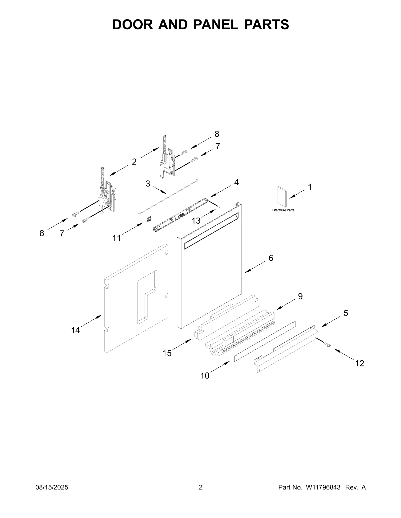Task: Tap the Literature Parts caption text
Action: tap(283, 210)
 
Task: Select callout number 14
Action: tap(75, 330)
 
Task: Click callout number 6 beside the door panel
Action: tap(271, 258)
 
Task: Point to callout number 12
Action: tap(360, 363)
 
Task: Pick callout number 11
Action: tap(117, 238)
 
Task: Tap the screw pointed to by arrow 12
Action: tap(327, 345)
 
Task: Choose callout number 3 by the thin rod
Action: tap(148, 184)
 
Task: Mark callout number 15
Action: tap(167, 353)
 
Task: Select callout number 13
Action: tap(196, 221)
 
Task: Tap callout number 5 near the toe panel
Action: tap(346, 313)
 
